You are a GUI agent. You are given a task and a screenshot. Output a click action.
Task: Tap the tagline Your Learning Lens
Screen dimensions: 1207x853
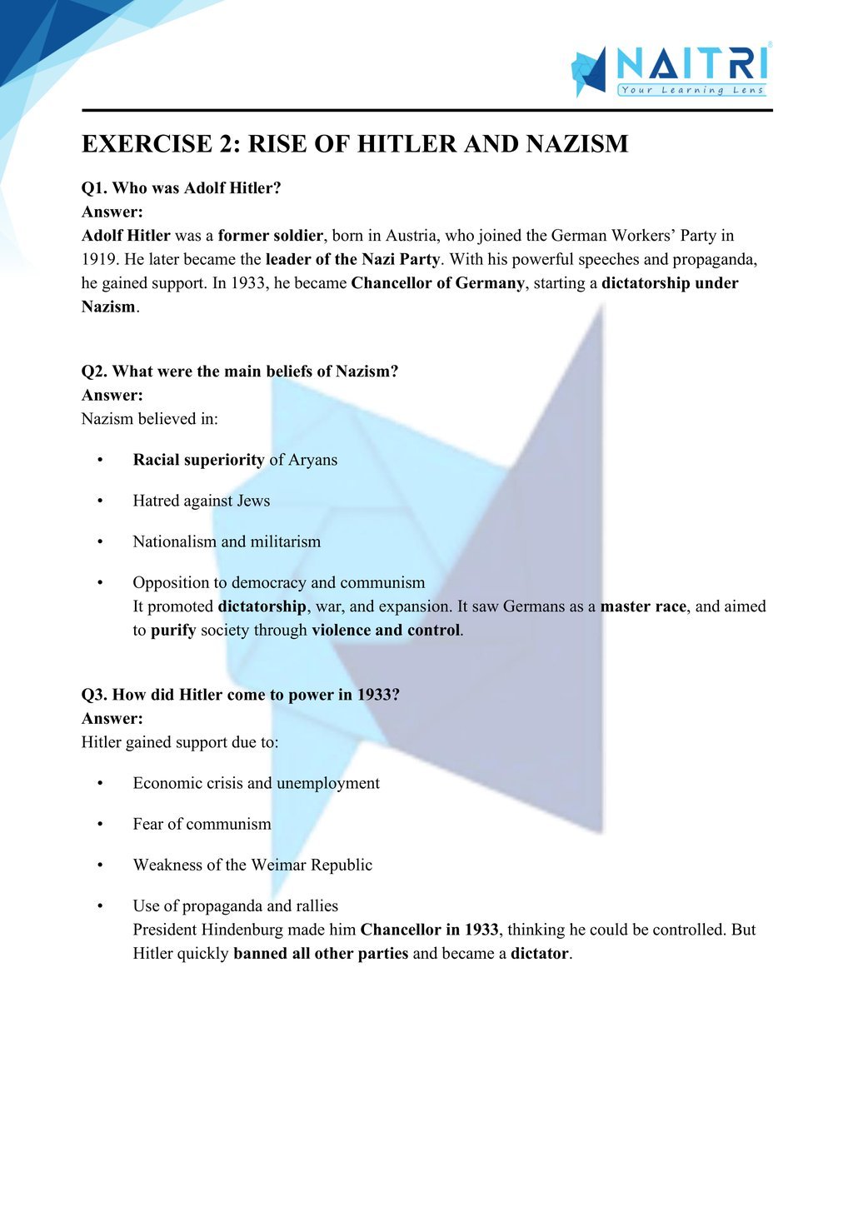click(x=691, y=90)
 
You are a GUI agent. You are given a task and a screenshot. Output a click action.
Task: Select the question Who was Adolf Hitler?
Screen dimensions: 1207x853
click(x=181, y=188)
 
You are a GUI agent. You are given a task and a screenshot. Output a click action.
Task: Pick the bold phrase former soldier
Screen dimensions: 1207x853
click(x=270, y=236)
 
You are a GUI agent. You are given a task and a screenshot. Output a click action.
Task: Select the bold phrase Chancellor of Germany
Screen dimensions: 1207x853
click(x=437, y=283)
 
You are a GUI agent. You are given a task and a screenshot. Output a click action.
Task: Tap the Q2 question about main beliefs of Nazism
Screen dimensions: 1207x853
click(x=240, y=372)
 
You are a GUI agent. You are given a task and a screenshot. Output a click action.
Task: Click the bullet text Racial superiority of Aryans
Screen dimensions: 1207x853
click(x=235, y=460)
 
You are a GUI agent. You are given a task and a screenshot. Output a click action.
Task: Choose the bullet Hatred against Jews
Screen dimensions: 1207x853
click(x=202, y=501)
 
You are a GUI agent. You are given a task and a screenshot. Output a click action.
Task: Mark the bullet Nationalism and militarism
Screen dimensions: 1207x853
click(x=227, y=541)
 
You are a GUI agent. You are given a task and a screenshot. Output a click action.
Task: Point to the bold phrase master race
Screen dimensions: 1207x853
click(x=643, y=606)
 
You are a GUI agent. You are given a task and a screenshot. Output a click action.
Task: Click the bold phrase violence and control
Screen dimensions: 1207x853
click(x=386, y=631)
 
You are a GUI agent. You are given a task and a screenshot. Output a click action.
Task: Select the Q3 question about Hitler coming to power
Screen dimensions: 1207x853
click(x=240, y=695)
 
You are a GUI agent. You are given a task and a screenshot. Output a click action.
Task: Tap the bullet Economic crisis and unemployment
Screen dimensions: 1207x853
click(x=256, y=783)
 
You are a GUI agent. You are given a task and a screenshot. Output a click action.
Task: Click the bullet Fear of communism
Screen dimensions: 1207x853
click(x=202, y=824)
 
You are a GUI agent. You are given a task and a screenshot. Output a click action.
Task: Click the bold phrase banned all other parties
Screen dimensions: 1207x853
click(x=321, y=954)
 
